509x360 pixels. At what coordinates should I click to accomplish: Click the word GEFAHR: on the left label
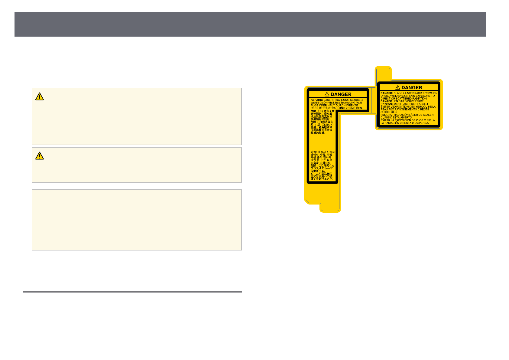316,100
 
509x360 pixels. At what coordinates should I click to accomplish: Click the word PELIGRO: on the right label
387,115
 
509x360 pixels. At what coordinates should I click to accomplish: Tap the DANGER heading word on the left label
341,94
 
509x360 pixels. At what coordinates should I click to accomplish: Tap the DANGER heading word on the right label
412,88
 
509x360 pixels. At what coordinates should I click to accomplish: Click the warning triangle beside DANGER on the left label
327,94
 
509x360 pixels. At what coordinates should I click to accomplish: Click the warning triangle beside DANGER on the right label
398,88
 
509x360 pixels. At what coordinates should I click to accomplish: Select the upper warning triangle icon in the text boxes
40,97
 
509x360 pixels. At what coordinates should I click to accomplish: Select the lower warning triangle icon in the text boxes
40,156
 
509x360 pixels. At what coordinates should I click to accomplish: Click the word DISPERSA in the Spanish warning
421,123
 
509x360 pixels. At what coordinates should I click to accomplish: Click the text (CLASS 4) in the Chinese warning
327,125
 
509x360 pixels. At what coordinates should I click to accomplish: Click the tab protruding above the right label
383,73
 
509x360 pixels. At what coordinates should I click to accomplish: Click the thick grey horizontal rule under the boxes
132,292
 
